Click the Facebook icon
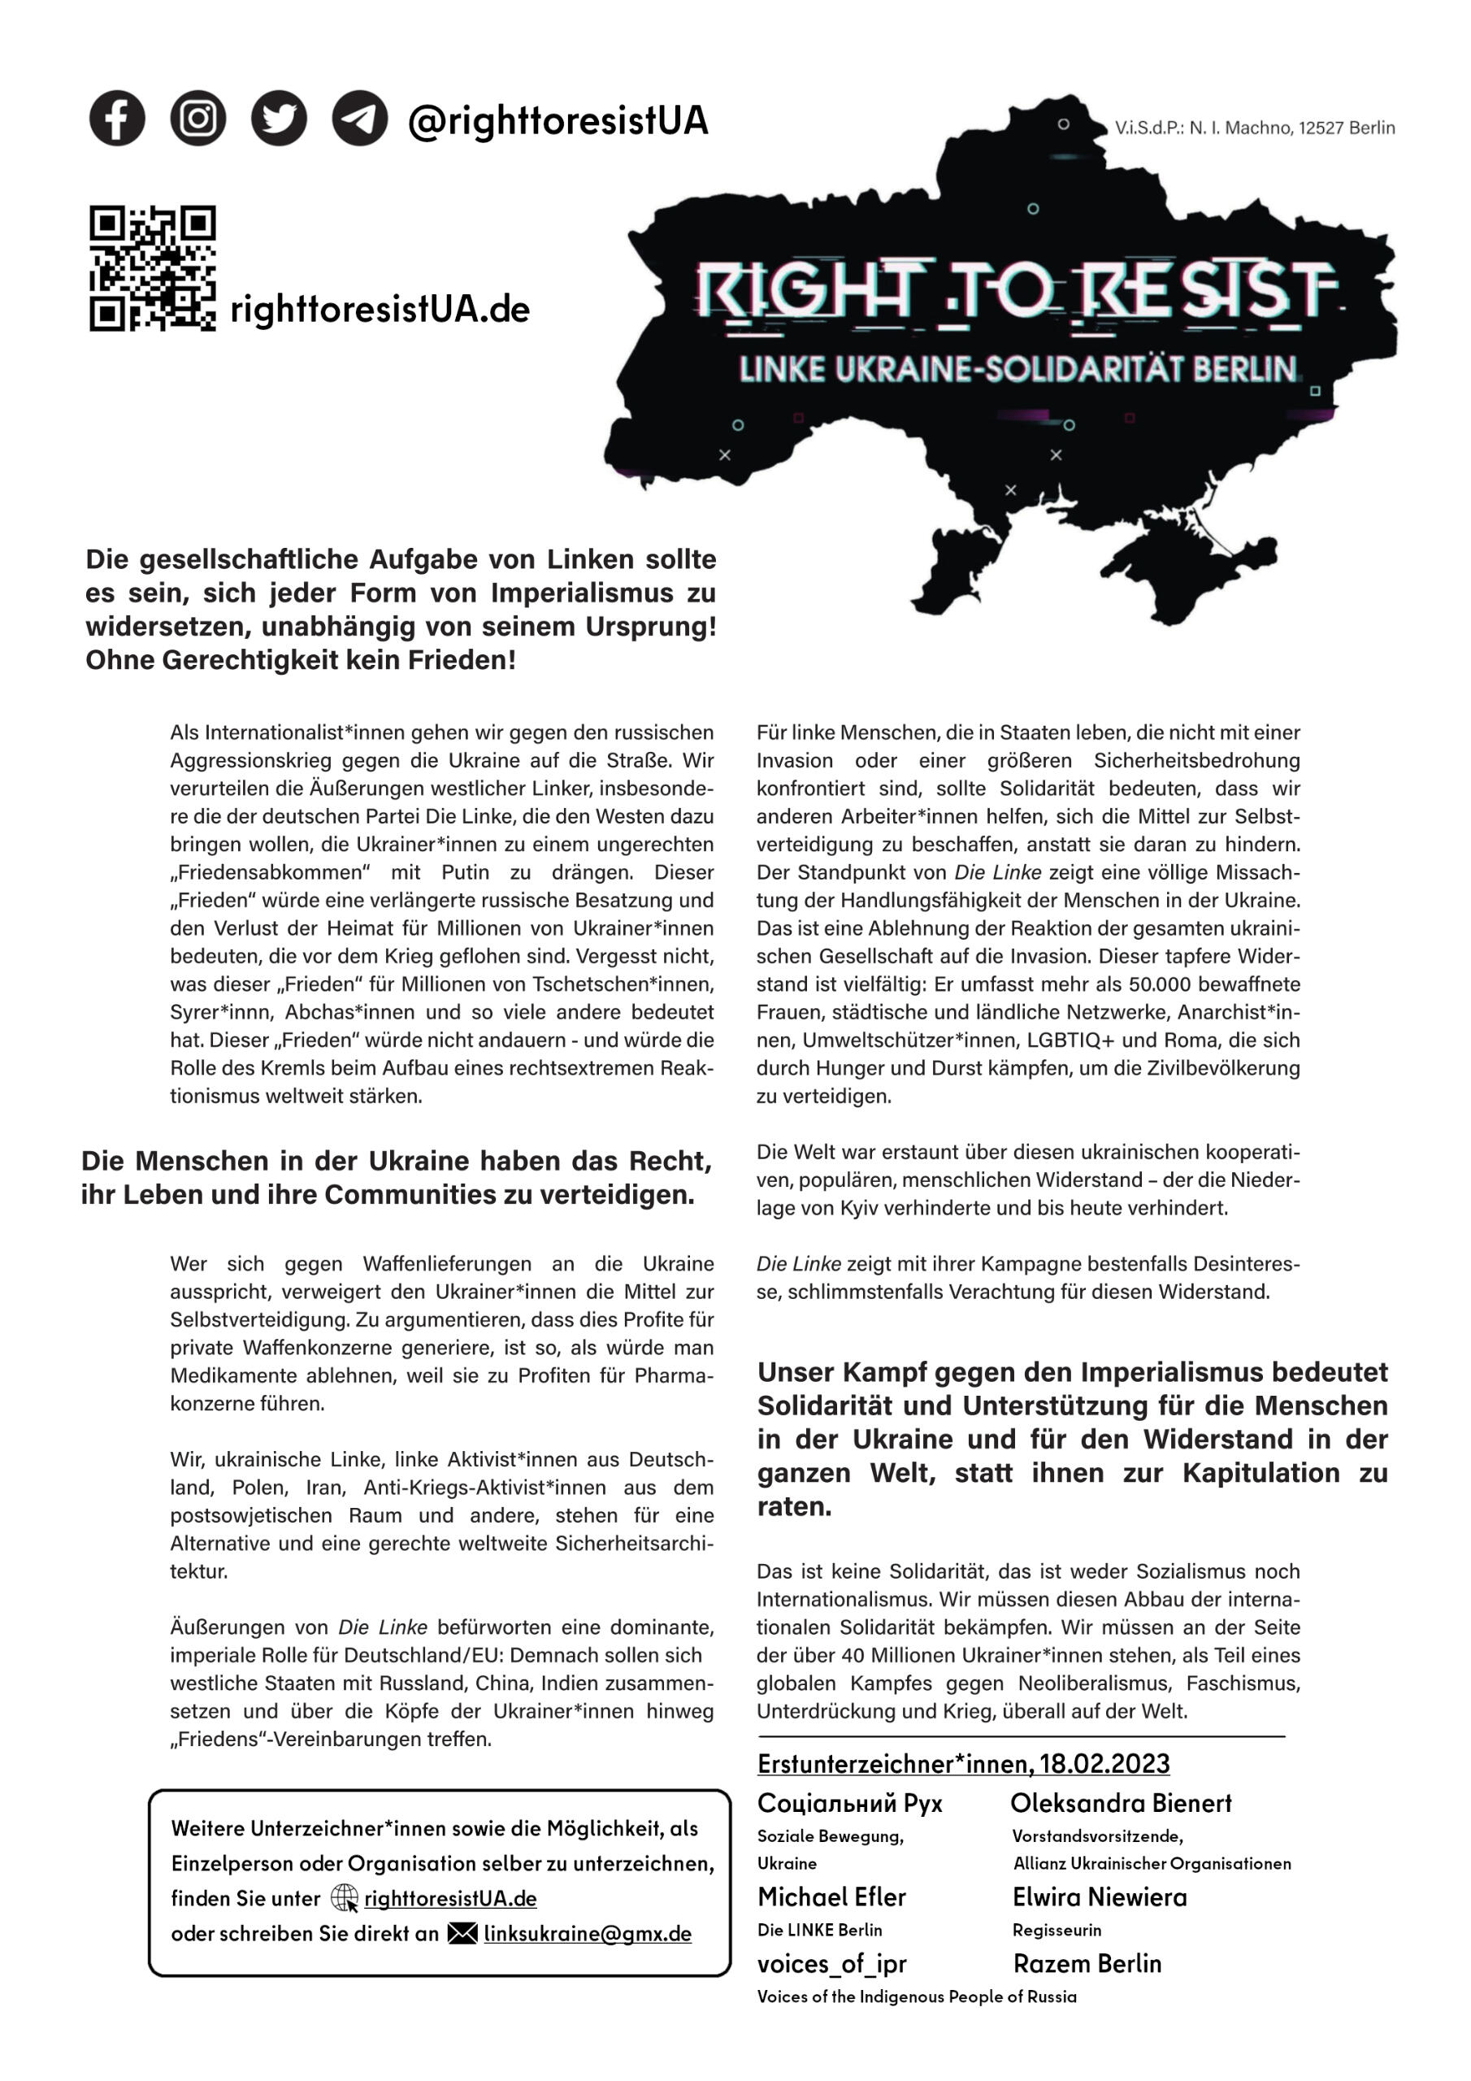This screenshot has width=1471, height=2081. [x=117, y=119]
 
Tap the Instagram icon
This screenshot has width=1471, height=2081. [x=197, y=119]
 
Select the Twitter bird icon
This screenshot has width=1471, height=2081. [x=278, y=119]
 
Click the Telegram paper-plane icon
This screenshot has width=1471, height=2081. [x=360, y=119]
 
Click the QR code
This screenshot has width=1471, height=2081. [x=152, y=268]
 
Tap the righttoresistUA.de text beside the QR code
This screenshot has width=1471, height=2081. [x=380, y=310]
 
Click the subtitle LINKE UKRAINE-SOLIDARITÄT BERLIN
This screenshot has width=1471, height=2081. [x=1018, y=370]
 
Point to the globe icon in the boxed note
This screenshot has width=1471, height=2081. [x=345, y=1898]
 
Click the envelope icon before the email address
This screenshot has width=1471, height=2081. [x=462, y=1933]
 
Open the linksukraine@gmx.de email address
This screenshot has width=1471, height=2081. [x=588, y=1933]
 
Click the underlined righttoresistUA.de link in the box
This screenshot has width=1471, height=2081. [x=450, y=1898]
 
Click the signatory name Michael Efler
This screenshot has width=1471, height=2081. [x=831, y=1897]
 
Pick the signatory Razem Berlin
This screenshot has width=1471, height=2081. [x=1087, y=1964]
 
